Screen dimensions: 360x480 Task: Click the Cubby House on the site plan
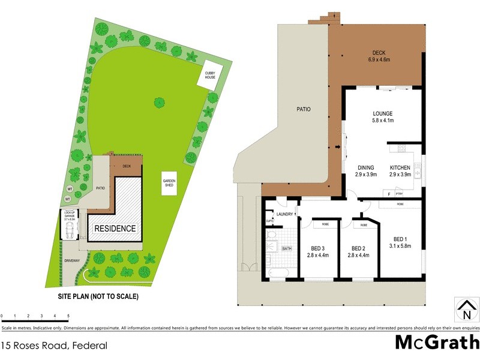click(211, 76)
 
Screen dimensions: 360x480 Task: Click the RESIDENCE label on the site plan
click(115, 229)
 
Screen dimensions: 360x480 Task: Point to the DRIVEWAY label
click(73, 260)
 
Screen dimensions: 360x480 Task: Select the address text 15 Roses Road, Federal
click(55, 345)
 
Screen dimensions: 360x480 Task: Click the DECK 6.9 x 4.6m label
click(379, 56)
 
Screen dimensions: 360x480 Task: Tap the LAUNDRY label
click(284, 213)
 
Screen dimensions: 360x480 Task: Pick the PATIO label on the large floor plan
click(302, 109)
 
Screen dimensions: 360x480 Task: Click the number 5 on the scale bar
click(68, 316)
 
